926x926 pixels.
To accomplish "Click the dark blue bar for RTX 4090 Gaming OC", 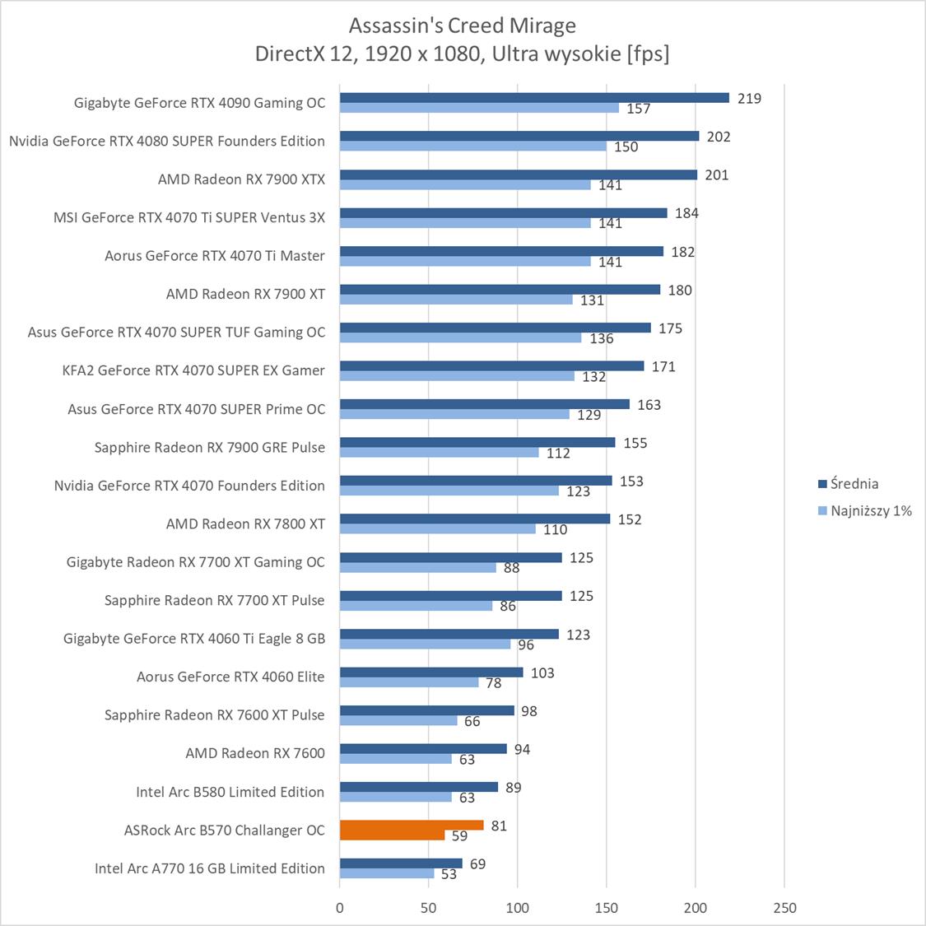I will (x=534, y=98).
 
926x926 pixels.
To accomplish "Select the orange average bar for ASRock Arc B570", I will (x=412, y=826).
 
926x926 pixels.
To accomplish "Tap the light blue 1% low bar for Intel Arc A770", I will (x=387, y=874).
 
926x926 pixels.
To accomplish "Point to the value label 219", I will (x=749, y=98).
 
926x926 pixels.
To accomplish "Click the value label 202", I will (x=719, y=137).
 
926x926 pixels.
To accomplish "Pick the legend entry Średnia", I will (x=854, y=484).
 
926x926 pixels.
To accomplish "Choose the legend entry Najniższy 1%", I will (x=871, y=510).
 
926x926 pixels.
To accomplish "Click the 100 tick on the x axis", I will (x=518, y=908).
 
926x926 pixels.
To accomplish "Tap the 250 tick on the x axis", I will (x=784, y=908).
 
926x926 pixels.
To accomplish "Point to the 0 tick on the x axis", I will (x=340, y=908).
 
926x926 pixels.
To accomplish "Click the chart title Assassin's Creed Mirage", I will (x=462, y=26).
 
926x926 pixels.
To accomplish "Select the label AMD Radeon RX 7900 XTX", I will (x=241, y=179).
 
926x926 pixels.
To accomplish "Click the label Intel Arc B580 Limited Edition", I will (x=230, y=792).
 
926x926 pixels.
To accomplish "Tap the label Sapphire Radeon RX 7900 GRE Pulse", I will (x=209, y=447).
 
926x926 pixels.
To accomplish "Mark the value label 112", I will (x=558, y=454).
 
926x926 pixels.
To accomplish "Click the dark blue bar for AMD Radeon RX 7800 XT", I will (x=475, y=519).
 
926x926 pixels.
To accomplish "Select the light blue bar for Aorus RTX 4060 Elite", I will (x=409, y=682).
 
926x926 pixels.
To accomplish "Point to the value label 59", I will (x=459, y=836).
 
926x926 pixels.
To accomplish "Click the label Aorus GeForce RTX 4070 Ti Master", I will (x=215, y=256).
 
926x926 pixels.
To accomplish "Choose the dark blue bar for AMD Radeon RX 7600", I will (x=423, y=749).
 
